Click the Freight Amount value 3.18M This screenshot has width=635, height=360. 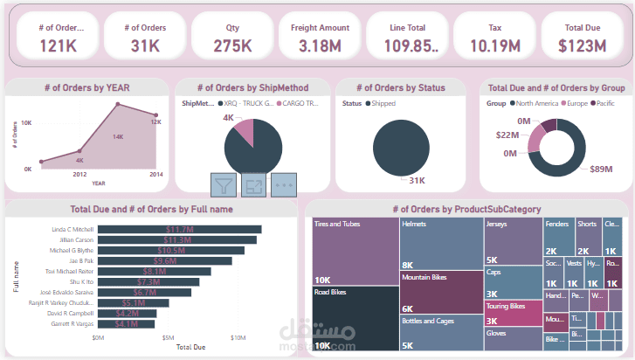[x=320, y=45]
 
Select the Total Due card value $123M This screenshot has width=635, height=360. [x=583, y=45]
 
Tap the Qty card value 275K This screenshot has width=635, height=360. [x=233, y=45]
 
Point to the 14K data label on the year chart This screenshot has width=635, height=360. [x=118, y=136]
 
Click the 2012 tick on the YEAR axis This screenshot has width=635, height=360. [x=79, y=174]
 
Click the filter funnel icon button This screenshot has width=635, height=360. [x=224, y=185]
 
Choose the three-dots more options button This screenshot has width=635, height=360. [x=283, y=185]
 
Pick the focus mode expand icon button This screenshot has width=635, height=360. [x=253, y=185]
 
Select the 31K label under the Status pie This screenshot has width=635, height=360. [x=417, y=181]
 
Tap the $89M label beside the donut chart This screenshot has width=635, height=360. [x=600, y=169]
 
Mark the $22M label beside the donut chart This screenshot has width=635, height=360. [x=507, y=135]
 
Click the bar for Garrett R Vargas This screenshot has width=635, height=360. [x=127, y=323]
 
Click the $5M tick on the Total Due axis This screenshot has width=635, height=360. [x=168, y=336]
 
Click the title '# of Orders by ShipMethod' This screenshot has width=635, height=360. [x=252, y=87]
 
